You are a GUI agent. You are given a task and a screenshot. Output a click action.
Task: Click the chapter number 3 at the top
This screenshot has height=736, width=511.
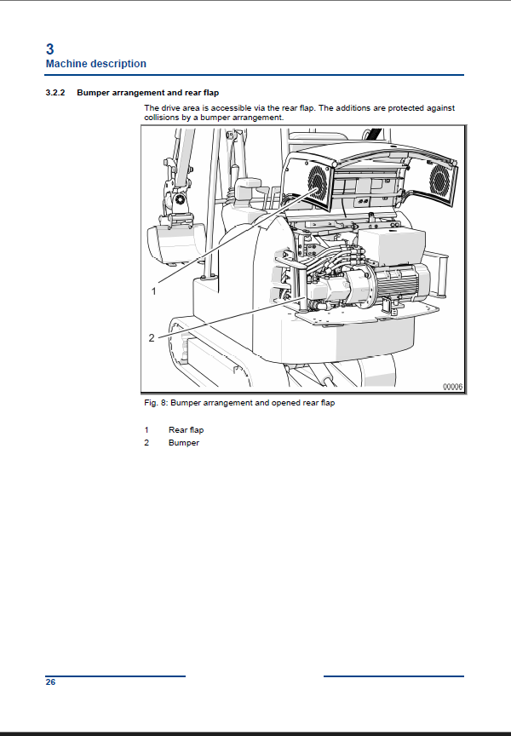tap(49, 49)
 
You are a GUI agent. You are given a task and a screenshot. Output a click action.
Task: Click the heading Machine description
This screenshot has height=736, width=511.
tap(95, 64)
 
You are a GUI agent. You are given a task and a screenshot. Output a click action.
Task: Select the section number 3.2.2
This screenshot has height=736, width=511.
tap(55, 93)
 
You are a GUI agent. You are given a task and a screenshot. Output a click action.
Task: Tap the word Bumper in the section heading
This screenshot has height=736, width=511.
tap(93, 93)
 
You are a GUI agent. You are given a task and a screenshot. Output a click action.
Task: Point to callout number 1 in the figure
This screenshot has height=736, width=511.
tap(153, 291)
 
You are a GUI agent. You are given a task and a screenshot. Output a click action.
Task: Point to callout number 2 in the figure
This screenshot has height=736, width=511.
tap(152, 338)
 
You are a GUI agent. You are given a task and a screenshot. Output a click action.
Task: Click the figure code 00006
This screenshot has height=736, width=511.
tap(453, 387)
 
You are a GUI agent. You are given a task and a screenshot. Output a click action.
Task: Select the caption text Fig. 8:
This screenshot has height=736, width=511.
tap(156, 403)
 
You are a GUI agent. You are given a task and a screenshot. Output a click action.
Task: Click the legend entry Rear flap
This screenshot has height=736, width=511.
tap(186, 430)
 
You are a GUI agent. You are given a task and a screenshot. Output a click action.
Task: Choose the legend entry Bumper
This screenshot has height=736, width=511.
tap(183, 443)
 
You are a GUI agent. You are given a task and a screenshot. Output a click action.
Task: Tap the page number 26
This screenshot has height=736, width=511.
tap(50, 682)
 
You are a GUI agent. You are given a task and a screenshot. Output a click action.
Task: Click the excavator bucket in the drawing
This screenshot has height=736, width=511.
tap(176, 242)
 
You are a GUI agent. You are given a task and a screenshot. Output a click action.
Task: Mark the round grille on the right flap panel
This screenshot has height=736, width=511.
tap(439, 179)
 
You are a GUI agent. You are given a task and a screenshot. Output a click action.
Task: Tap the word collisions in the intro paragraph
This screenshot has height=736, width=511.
tap(161, 118)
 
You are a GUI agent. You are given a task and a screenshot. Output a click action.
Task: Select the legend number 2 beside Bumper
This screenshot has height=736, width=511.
tap(146, 443)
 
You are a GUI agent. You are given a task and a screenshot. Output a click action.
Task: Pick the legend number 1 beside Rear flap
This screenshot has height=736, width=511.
tap(146, 430)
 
